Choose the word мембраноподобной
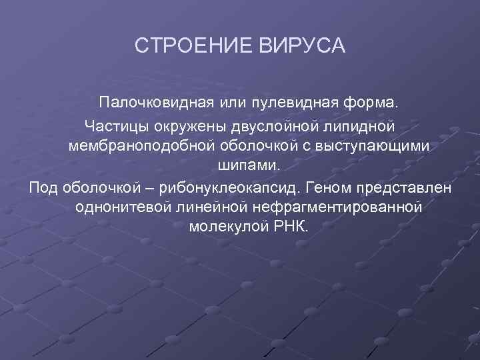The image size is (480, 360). tap(139, 145)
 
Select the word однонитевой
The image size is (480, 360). tap(124, 207)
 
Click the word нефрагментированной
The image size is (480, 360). tap(337, 207)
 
